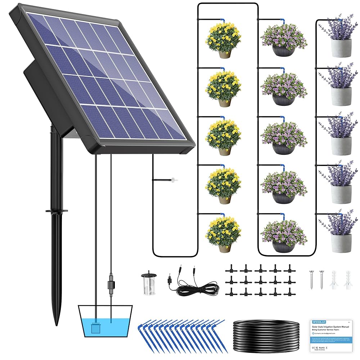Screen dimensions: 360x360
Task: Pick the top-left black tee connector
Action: click(230, 269)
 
